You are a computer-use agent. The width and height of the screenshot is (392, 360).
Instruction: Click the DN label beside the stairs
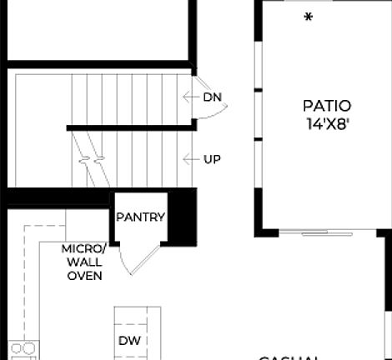[213, 97]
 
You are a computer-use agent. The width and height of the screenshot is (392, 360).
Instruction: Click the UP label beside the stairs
[213, 158]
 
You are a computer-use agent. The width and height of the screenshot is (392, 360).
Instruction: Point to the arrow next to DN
[188, 97]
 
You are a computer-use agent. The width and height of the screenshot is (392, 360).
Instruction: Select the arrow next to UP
[188, 158]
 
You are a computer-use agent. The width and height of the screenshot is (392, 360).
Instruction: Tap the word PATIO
[326, 106]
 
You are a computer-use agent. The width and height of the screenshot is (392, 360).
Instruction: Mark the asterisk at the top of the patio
[308, 17]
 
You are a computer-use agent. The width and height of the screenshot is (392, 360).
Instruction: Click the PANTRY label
[140, 217]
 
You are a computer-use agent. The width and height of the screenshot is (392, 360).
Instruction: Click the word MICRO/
[83, 249]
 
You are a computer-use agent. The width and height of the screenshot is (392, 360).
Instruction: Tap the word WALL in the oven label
[84, 262]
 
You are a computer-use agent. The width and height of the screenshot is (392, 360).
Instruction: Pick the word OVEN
[84, 275]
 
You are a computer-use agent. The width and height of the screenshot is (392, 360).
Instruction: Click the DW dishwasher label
[128, 340]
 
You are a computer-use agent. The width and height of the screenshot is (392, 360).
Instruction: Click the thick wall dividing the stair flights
[130, 127]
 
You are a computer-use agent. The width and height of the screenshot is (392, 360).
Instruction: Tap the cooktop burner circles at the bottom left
[23, 348]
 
